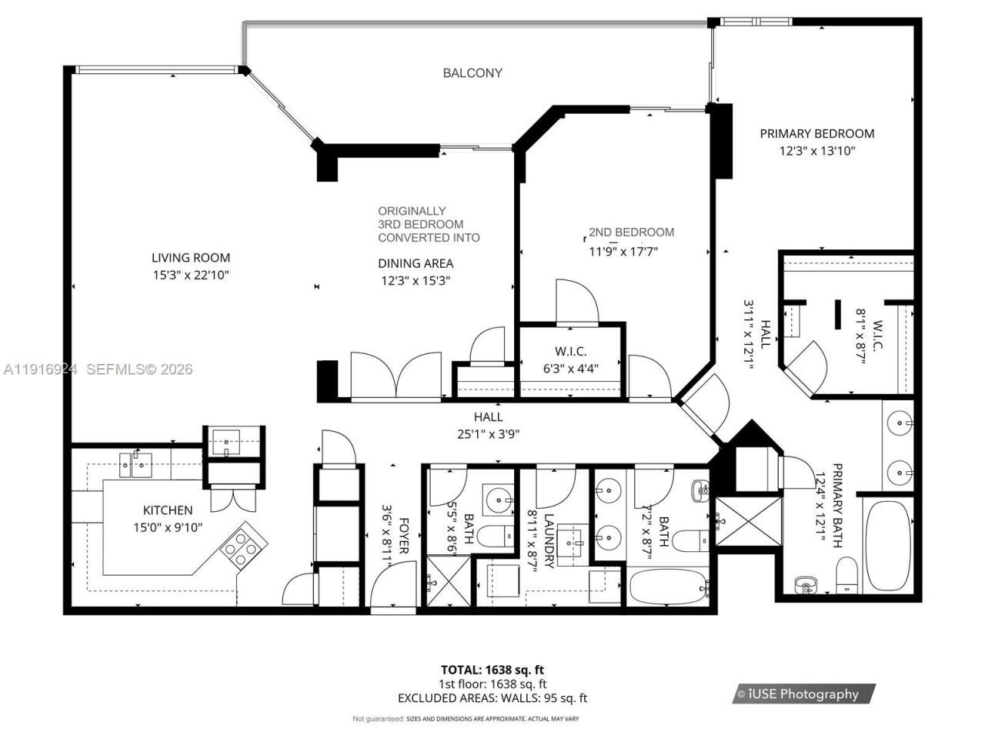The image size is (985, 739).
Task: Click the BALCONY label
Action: [x=472, y=73]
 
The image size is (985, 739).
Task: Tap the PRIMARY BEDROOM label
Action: [x=816, y=133]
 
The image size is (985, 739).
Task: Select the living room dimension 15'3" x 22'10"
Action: [x=190, y=275]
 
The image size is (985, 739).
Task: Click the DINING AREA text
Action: [x=415, y=263]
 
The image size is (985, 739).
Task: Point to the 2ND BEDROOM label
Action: [x=631, y=232]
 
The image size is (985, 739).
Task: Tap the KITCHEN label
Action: [x=168, y=510]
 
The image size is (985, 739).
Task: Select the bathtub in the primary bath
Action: [x=887, y=546]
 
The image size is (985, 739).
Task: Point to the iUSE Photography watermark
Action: [x=803, y=694]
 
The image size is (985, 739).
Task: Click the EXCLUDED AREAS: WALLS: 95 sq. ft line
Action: [x=492, y=698]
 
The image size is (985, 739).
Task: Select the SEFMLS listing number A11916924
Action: [x=40, y=369]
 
